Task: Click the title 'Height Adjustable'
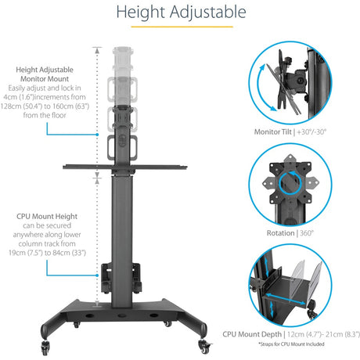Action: (x=180, y=13)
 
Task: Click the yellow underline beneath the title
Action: (x=180, y=28)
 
